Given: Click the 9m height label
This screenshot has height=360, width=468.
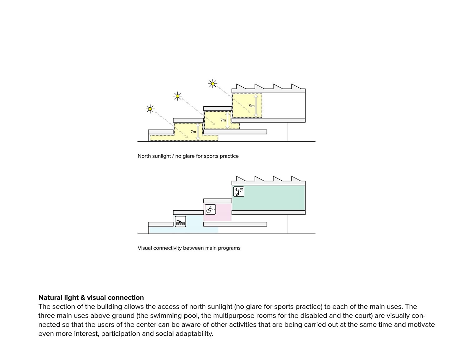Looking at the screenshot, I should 251,106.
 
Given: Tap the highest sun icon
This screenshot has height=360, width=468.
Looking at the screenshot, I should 212,84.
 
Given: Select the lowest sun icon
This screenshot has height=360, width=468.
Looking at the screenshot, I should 150,109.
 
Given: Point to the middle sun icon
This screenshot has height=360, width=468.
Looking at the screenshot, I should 177,96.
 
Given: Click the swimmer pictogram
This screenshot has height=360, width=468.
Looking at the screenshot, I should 180,221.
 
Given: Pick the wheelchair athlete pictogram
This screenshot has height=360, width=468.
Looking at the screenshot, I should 210,209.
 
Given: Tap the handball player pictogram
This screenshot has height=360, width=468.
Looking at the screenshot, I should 239,192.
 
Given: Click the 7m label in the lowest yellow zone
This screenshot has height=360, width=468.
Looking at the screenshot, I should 193,132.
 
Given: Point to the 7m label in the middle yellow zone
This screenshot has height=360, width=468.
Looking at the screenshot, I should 223,120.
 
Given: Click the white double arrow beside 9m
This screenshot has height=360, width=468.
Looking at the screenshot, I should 256,106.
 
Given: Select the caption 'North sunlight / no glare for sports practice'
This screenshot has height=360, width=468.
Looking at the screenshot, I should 188,156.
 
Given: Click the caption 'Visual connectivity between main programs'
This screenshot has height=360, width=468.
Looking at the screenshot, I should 189,248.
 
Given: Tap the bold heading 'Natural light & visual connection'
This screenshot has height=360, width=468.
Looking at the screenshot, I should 91,298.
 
